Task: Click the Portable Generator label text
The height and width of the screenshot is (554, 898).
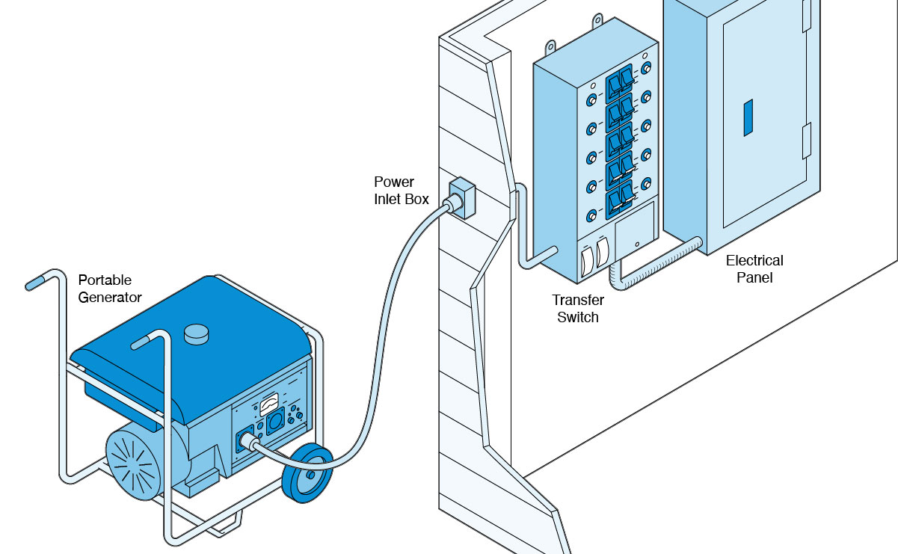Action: click(x=109, y=289)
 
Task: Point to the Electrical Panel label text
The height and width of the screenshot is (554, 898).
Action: click(x=754, y=269)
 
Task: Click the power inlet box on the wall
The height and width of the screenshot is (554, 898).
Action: click(x=462, y=197)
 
